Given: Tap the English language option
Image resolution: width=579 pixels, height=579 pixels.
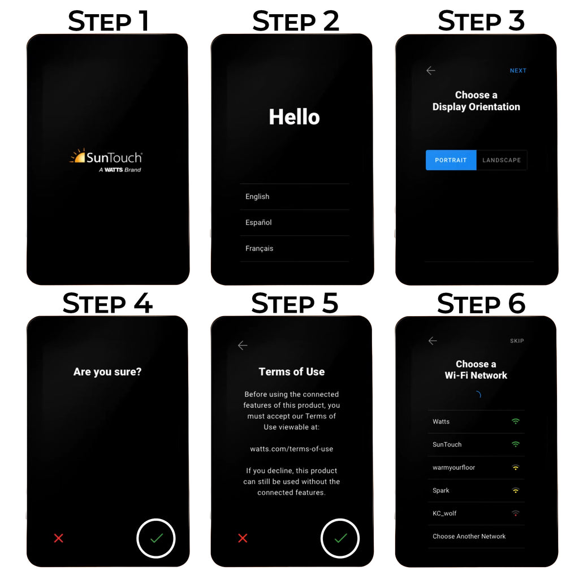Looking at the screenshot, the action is (x=257, y=196).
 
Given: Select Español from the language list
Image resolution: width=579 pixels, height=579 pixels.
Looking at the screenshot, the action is (x=258, y=222).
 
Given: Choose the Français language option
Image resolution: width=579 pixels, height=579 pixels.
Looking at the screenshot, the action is (x=259, y=248).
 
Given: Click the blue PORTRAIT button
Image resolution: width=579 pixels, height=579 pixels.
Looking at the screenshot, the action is (x=451, y=160).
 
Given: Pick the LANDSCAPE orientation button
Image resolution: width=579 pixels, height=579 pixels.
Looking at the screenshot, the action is (x=502, y=160).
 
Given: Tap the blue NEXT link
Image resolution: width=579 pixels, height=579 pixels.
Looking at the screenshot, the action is (x=518, y=71).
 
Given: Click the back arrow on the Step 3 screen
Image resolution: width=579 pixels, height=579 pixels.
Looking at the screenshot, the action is (x=431, y=71).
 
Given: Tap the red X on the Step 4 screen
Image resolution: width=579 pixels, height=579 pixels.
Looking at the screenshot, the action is (x=58, y=538).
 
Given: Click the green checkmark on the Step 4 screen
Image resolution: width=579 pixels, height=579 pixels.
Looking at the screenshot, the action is (x=157, y=538).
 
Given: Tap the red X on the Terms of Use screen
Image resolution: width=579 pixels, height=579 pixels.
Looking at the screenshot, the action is (x=243, y=538).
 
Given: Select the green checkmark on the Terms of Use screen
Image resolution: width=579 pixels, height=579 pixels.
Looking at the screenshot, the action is (x=341, y=538).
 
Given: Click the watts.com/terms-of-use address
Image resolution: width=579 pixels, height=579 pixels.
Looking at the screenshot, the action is (x=292, y=448).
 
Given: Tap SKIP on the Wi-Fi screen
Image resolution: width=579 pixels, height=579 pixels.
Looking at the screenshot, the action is (x=517, y=341).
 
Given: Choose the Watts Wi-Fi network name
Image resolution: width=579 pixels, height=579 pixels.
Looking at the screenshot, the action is (x=441, y=421).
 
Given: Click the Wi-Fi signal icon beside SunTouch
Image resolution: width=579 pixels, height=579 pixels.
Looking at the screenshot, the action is (x=516, y=444).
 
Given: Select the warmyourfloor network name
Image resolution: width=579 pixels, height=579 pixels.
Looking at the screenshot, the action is (x=454, y=468).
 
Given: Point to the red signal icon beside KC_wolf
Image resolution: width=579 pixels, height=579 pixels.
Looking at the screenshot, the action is (x=516, y=513).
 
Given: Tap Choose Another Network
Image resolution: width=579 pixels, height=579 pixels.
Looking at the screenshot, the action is (x=469, y=536).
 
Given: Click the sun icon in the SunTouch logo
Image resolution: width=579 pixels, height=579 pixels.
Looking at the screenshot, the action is (x=78, y=156).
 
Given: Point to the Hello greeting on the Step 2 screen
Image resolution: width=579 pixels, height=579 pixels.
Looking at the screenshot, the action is (x=294, y=117).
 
